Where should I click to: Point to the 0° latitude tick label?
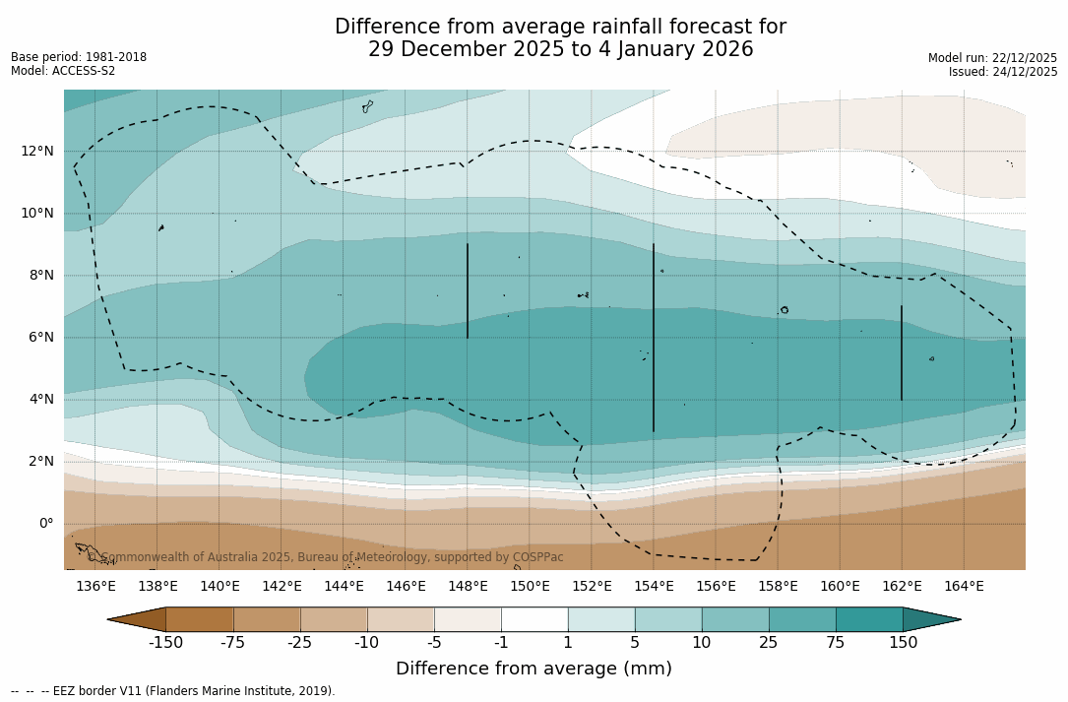[45, 523]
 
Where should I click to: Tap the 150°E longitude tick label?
[530, 587]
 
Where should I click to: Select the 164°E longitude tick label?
[964, 587]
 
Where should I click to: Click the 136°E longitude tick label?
[95, 587]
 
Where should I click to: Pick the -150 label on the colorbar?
[165, 643]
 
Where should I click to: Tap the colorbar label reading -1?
[501, 643]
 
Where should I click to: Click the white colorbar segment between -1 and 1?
[534, 619]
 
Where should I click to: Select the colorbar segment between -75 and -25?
[267, 619]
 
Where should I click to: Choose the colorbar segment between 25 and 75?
[802, 619]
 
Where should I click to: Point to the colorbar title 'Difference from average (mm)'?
[534, 669]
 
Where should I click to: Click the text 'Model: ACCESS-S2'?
[63, 71]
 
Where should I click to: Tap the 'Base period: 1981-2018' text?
[79, 57]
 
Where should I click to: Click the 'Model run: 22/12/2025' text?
[992, 58]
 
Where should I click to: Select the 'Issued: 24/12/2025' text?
[1003, 72]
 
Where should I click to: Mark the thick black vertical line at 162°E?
[901, 352]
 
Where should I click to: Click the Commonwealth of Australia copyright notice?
[325, 557]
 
